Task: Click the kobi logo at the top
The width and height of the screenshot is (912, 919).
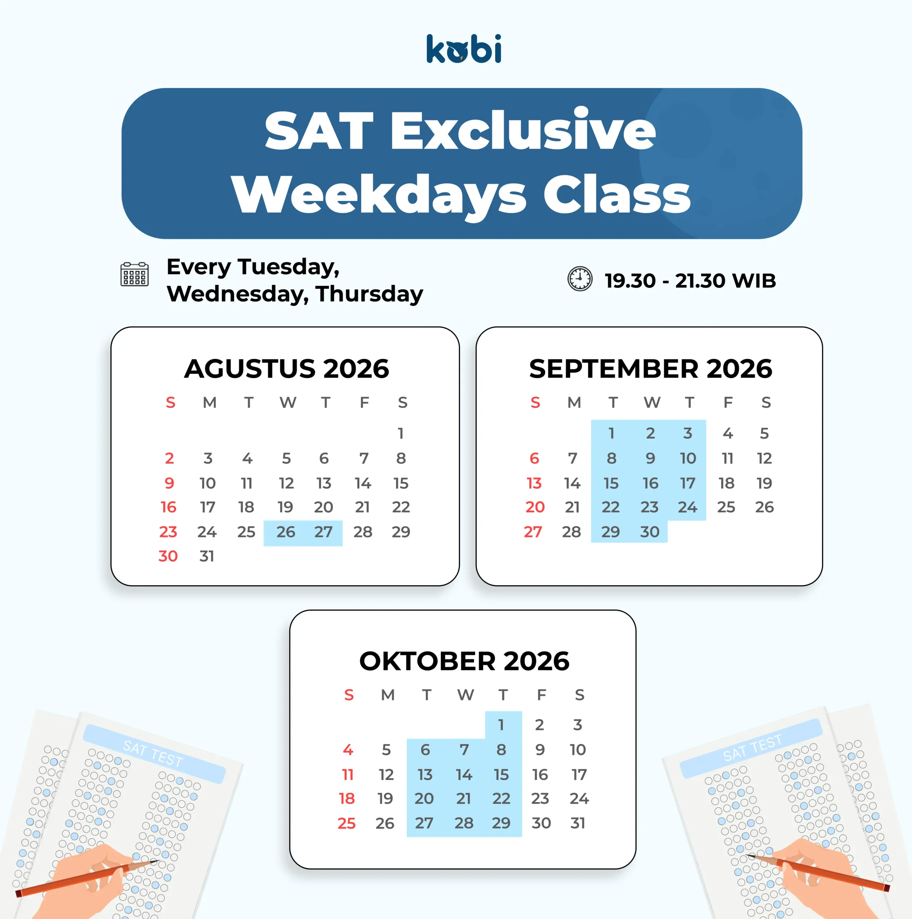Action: pyautogui.click(x=464, y=48)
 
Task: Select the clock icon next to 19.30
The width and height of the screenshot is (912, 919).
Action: pyautogui.click(x=580, y=279)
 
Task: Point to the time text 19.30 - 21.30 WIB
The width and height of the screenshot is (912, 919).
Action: pyautogui.click(x=690, y=281)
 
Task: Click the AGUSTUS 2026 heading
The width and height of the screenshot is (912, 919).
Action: pyautogui.click(x=286, y=369)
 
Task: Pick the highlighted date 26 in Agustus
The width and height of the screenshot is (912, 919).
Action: pyautogui.click(x=286, y=532)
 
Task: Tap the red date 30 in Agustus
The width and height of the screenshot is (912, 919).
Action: pyautogui.click(x=168, y=556)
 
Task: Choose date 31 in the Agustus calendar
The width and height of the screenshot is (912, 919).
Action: pyautogui.click(x=207, y=556)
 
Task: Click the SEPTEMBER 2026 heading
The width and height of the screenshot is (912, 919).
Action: pyautogui.click(x=650, y=369)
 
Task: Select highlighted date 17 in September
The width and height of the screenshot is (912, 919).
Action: pyautogui.click(x=687, y=483)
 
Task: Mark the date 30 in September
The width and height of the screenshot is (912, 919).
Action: pyautogui.click(x=649, y=532)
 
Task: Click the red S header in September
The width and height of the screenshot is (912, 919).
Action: pyautogui.click(x=535, y=403)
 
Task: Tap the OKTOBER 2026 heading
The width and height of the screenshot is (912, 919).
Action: pyautogui.click(x=464, y=661)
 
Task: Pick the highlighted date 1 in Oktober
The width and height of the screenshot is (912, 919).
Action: pyautogui.click(x=501, y=725)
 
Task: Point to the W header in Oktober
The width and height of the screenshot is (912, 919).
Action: pyautogui.click(x=466, y=695)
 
